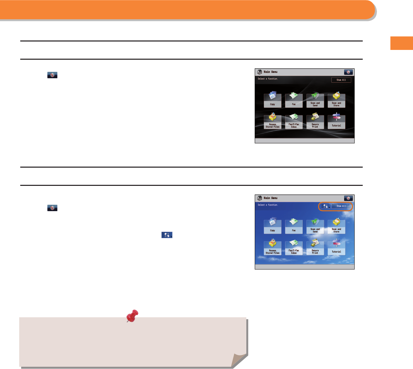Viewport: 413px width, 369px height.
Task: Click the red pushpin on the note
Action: (x=133, y=315)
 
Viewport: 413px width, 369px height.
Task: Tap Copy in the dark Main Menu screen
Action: (x=272, y=100)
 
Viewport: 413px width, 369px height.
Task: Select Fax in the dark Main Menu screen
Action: (x=294, y=100)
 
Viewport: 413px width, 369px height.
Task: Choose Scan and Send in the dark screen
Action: (x=315, y=100)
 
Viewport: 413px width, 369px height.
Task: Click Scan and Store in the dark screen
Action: (x=336, y=100)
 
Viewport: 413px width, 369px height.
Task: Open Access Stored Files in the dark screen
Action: (x=272, y=121)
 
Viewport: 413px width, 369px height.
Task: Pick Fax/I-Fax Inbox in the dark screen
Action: (x=294, y=121)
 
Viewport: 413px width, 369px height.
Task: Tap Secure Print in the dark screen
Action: (x=315, y=121)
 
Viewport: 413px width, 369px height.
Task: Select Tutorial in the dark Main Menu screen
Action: (x=336, y=121)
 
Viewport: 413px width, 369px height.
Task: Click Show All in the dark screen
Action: (x=341, y=80)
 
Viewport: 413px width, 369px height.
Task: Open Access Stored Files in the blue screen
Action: (x=272, y=248)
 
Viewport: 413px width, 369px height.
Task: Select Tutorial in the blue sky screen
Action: (x=336, y=248)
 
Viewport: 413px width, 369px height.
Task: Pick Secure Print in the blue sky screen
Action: (x=315, y=248)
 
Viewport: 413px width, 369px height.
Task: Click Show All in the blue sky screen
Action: (x=341, y=206)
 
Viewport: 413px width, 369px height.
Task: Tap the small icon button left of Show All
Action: (x=325, y=206)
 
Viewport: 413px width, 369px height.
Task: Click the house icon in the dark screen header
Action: (x=259, y=72)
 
